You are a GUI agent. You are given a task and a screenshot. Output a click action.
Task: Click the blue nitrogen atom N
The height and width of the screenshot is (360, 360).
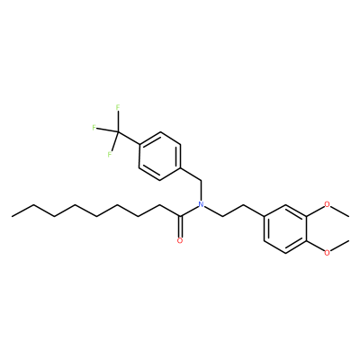click(x=202, y=204)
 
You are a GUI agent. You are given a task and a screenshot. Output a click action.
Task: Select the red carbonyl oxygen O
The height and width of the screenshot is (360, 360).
click(x=180, y=240)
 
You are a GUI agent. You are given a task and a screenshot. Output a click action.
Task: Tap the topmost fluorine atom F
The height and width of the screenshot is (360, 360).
click(x=118, y=107)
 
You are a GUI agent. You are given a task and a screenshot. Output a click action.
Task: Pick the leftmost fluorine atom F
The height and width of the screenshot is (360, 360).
click(x=94, y=128)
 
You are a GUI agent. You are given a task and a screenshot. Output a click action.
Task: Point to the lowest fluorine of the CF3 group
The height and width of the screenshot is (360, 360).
click(x=110, y=155)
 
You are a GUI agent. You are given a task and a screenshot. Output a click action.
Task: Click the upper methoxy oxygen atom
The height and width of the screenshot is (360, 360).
click(x=328, y=204)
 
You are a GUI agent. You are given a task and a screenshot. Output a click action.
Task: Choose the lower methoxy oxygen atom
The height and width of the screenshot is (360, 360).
click(x=328, y=253)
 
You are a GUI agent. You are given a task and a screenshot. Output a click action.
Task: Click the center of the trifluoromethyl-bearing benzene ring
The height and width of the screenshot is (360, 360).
click(x=160, y=156)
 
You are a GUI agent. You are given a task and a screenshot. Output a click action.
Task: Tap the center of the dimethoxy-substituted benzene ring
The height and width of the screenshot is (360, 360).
click(x=285, y=229)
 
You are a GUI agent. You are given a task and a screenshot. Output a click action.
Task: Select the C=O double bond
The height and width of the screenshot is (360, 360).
click(x=180, y=227)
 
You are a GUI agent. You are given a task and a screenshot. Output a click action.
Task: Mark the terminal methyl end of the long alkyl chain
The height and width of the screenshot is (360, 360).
click(x=12, y=216)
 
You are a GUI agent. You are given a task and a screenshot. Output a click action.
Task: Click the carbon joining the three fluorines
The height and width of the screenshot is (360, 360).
click(x=118, y=132)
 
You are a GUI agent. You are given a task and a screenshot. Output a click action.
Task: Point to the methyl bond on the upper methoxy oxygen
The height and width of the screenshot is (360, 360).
click(x=339, y=211)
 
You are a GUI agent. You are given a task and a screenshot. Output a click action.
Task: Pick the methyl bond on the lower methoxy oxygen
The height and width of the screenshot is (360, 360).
click(x=339, y=246)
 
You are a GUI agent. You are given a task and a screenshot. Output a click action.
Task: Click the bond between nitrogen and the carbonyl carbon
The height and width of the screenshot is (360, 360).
click(x=189, y=211)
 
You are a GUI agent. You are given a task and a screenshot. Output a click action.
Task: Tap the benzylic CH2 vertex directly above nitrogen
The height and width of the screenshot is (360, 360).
click(x=202, y=181)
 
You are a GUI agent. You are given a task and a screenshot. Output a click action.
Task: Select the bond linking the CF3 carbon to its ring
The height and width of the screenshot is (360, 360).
click(x=129, y=139)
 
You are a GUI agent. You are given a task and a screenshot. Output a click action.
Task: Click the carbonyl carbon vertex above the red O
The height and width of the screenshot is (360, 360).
click(x=180, y=216)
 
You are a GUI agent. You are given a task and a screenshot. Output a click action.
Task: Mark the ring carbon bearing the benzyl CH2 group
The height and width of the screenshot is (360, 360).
click(x=181, y=168)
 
